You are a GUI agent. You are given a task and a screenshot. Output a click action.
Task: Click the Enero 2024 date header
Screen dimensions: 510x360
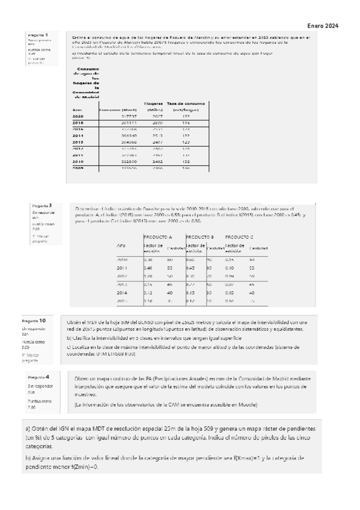(323, 26)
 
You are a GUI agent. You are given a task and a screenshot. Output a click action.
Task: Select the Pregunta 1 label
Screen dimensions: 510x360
(38, 35)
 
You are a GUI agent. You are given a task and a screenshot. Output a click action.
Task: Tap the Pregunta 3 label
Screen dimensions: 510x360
(41, 206)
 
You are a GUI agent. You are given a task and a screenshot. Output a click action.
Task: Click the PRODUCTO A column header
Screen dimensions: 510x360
(157, 237)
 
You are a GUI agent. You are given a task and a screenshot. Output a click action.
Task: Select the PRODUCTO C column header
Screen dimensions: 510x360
(239, 237)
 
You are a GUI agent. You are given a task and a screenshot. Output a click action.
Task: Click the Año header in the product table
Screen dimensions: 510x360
(121, 247)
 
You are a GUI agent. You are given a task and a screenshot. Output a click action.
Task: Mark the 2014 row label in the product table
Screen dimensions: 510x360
(122, 292)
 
